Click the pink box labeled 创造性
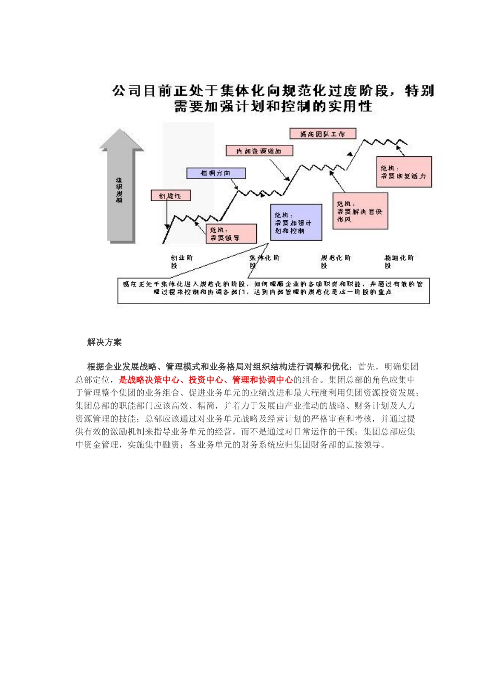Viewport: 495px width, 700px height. coord(171,196)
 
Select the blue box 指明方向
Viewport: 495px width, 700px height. coord(216,173)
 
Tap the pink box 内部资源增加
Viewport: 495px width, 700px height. coord(259,151)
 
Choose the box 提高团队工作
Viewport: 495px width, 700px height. coord(323,134)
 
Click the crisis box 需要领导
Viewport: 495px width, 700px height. coord(231,233)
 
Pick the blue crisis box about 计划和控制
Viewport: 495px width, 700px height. coord(296,222)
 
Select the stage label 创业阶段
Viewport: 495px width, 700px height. coord(181,261)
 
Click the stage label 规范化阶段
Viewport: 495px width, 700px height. coord(336,261)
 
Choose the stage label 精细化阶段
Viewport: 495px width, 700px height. coord(399,261)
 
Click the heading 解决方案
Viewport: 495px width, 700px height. coord(104,342)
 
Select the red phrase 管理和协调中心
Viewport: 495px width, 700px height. coord(262,380)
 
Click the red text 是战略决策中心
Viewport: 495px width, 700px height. coord(149,380)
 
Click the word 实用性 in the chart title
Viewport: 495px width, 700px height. coord(350,107)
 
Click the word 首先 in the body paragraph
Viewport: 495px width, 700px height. coord(366,367)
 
